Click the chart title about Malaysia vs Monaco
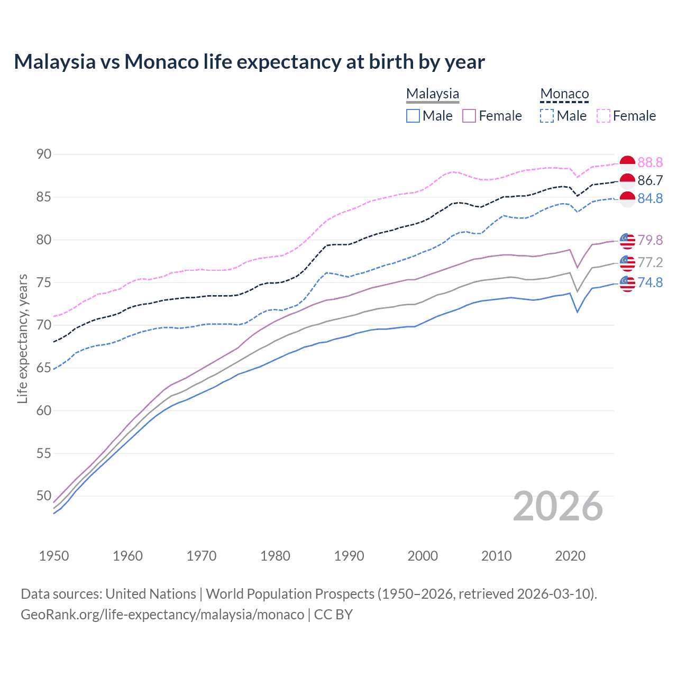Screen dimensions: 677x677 click(x=249, y=62)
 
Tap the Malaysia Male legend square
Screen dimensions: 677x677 click(x=413, y=116)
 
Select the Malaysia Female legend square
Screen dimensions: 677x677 click(x=469, y=116)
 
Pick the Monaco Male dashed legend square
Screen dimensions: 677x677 click(x=547, y=116)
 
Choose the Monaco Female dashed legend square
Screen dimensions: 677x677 click(x=603, y=116)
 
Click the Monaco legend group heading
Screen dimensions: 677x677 click(x=564, y=94)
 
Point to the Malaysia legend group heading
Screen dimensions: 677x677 click(x=433, y=94)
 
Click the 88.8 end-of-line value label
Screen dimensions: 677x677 click(x=650, y=163)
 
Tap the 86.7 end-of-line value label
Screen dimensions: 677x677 click(x=650, y=181)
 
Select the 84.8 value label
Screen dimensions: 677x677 click(x=650, y=199)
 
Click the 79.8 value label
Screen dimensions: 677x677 click(x=650, y=241)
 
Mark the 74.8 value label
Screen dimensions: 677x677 click(x=650, y=283)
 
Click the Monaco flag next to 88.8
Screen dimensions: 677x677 click(x=627, y=163)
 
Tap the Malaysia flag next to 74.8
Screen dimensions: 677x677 click(x=627, y=283)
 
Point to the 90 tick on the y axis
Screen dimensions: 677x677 click(x=44, y=154)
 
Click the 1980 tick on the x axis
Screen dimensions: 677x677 click(x=275, y=556)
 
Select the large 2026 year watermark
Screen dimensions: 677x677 click(x=558, y=507)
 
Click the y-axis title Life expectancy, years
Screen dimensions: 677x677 click(x=23, y=338)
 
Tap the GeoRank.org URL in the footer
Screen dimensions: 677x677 click(x=162, y=615)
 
